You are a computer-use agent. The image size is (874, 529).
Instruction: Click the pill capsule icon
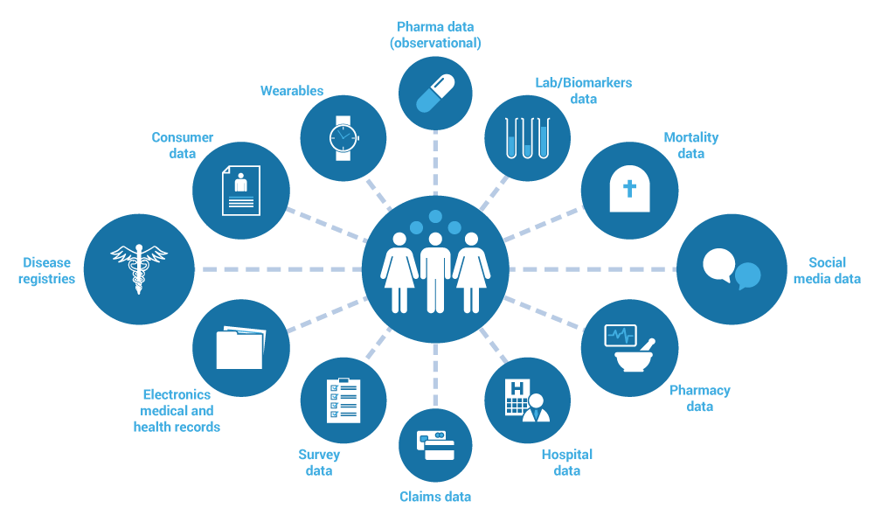pyautogui.click(x=435, y=93)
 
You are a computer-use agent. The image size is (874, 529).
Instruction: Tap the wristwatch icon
pyautogui.click(x=343, y=137)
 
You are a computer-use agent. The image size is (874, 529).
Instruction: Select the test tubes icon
pyautogui.click(x=528, y=138)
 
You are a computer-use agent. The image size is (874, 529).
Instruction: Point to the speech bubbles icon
pyautogui.click(x=732, y=268)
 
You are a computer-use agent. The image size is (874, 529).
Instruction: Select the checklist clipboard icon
pyautogui.click(x=343, y=400)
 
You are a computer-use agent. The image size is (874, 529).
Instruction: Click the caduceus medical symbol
pyautogui.click(x=139, y=268)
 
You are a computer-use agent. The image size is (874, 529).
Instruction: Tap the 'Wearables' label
pyautogui.click(x=292, y=91)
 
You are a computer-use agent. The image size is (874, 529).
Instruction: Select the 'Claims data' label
pyautogui.click(x=435, y=497)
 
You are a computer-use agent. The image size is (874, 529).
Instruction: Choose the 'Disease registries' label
pyautogui.click(x=47, y=270)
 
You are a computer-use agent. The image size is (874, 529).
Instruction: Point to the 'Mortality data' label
pyautogui.click(x=690, y=145)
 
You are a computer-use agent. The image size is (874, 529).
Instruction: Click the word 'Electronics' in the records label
pyautogui.click(x=177, y=394)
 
